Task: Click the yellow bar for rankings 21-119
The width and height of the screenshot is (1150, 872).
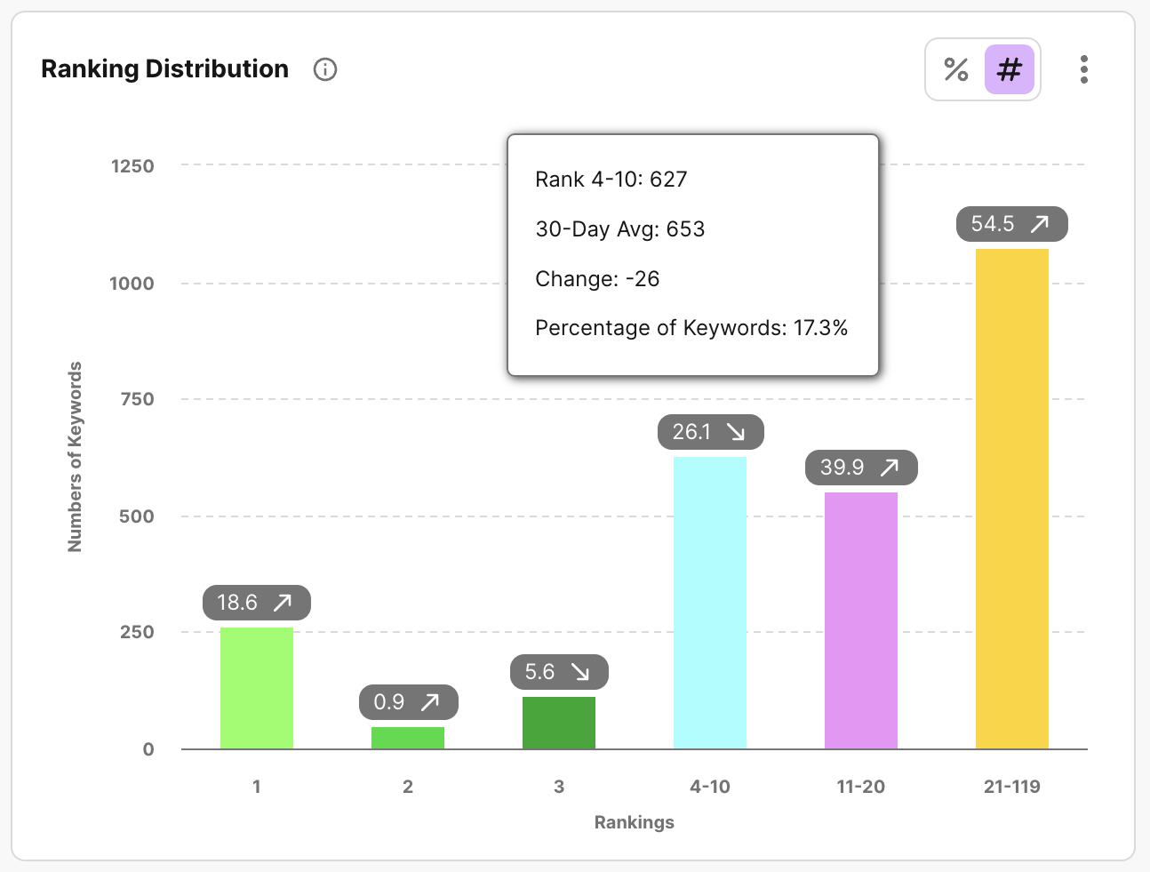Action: tap(1011, 499)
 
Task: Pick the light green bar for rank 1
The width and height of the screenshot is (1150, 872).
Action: tap(256, 688)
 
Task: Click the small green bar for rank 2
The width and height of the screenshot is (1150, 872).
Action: tap(407, 738)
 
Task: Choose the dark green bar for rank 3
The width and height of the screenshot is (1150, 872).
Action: tap(558, 723)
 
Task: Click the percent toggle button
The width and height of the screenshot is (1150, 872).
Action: tap(956, 69)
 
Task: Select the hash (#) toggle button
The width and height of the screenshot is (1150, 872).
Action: tap(1010, 69)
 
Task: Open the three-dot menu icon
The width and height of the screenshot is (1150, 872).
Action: tap(1083, 69)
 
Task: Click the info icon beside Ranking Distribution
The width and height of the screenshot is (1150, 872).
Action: tap(325, 69)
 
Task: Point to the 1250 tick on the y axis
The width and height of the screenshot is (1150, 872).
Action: tap(132, 166)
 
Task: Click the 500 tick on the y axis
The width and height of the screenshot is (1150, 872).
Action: tap(137, 516)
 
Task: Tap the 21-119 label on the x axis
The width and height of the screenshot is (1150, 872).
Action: tap(1011, 787)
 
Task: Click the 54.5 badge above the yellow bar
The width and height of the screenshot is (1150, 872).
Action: tap(1011, 224)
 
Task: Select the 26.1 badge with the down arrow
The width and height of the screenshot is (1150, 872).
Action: tap(710, 432)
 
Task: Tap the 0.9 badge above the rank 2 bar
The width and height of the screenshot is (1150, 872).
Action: tap(408, 702)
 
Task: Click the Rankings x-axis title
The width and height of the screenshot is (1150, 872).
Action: tap(634, 822)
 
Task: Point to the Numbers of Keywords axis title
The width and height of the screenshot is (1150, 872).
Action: tap(76, 456)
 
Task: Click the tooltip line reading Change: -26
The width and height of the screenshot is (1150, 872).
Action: tap(597, 279)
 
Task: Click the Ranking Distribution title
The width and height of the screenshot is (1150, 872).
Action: tap(165, 69)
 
